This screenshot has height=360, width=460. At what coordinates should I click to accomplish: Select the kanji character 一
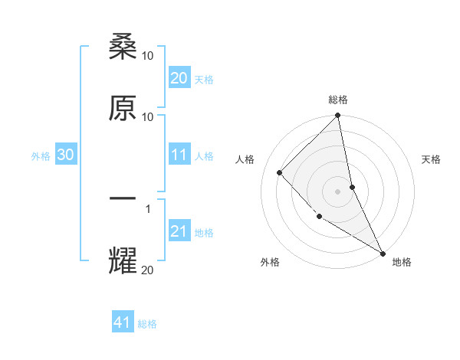123,199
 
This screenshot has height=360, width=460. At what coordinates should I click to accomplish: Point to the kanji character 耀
123,260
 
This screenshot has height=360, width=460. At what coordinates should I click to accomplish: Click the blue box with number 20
179,78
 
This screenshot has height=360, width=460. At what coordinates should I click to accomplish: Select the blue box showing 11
179,155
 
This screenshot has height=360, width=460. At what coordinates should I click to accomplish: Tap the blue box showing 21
179,231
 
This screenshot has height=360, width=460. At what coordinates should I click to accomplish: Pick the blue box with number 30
66,155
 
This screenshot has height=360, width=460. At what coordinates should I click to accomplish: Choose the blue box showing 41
123,322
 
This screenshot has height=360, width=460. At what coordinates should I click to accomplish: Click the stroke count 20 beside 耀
148,269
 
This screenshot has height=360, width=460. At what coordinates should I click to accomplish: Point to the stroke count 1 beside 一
148,208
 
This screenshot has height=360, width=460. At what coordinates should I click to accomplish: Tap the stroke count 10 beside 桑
148,56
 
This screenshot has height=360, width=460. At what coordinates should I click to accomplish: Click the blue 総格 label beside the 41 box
147,324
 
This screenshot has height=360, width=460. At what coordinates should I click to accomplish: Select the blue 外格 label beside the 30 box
41,155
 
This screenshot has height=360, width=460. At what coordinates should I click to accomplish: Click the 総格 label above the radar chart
338,100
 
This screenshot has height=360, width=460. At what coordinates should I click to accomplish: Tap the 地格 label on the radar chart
402,262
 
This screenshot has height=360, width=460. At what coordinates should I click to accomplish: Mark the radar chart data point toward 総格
338,116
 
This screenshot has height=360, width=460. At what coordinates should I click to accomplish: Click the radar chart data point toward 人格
280,172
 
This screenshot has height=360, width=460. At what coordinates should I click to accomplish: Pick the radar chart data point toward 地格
383,252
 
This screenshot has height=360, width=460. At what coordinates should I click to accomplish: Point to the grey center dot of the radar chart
338,191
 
